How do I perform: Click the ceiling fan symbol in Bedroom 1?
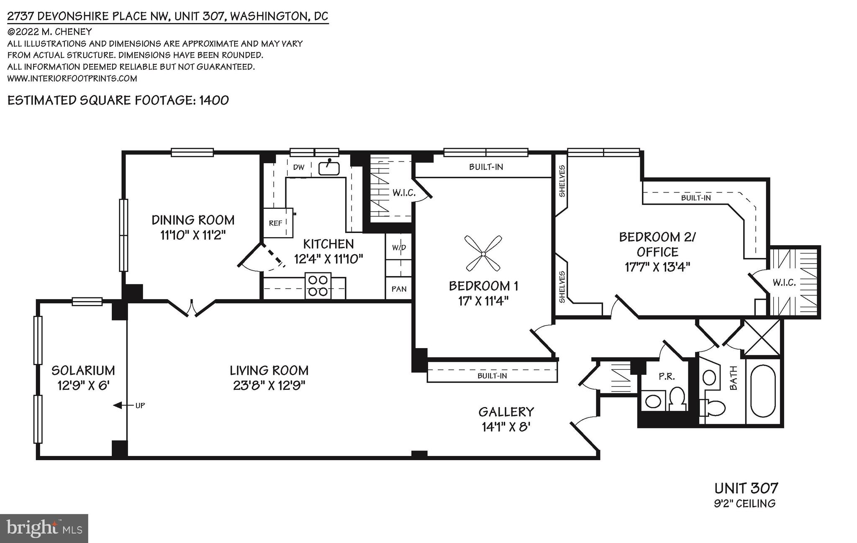tap(483, 254)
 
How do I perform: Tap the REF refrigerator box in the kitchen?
tap(276, 223)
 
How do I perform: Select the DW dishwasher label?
tap(298, 167)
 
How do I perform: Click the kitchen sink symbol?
tap(329, 168)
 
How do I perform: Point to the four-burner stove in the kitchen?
tap(318, 286)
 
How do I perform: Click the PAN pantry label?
tap(399, 289)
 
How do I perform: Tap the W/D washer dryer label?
tap(399, 247)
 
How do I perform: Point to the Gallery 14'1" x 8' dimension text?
tap(506, 427)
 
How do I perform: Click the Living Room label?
tap(269, 370)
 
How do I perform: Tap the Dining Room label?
tap(193, 220)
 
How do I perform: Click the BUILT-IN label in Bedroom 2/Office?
tap(695, 197)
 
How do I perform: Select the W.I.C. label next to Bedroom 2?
tap(784, 283)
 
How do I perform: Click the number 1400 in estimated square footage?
tap(214, 100)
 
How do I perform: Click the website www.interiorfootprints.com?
tap(72, 78)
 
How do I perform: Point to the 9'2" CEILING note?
tap(744, 503)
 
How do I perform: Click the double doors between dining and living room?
tap(192, 308)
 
